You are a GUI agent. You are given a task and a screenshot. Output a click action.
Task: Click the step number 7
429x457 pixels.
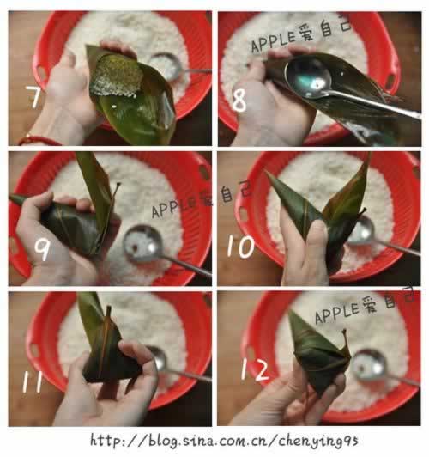pyautogui.click(x=34, y=96)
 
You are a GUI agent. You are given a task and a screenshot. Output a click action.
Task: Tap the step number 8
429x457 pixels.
pyautogui.click(x=239, y=101)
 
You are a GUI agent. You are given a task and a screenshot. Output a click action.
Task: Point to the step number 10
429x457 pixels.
pyautogui.click(x=241, y=247)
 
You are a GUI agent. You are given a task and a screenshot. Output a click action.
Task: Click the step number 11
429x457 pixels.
pyautogui.click(x=33, y=381)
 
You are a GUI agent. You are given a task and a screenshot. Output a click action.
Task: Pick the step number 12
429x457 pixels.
pyautogui.click(x=255, y=370)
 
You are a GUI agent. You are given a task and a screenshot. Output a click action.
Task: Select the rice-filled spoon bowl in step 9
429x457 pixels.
pyautogui.click(x=139, y=244)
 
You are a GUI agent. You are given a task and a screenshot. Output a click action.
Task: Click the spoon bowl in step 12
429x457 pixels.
pyautogui.click(x=366, y=364)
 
